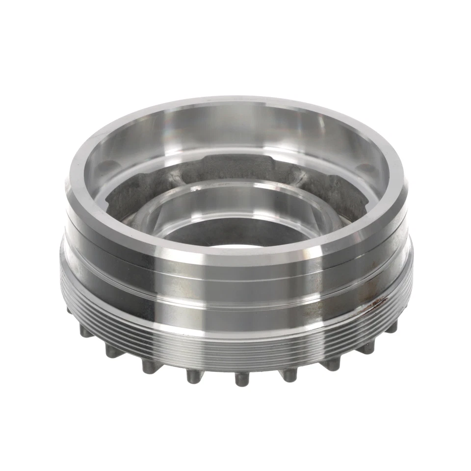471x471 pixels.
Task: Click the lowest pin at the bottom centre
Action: pyautogui.click(x=241, y=379)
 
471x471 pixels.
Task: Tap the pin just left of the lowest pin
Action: pyautogui.click(x=194, y=375)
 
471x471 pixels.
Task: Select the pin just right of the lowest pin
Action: pyautogui.click(x=289, y=374)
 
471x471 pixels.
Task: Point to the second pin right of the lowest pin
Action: pyautogui.click(x=333, y=364)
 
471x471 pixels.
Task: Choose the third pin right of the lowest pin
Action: pyautogui.click(x=367, y=347)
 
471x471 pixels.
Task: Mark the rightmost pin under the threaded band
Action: pyautogui.click(x=391, y=327)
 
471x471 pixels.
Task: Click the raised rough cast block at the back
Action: pyautogui.click(x=235, y=164)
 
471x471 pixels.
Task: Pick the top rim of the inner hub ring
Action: pyautogui.click(x=235, y=185)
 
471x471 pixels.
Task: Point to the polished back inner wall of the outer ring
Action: pyautogui.click(x=235, y=130)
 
